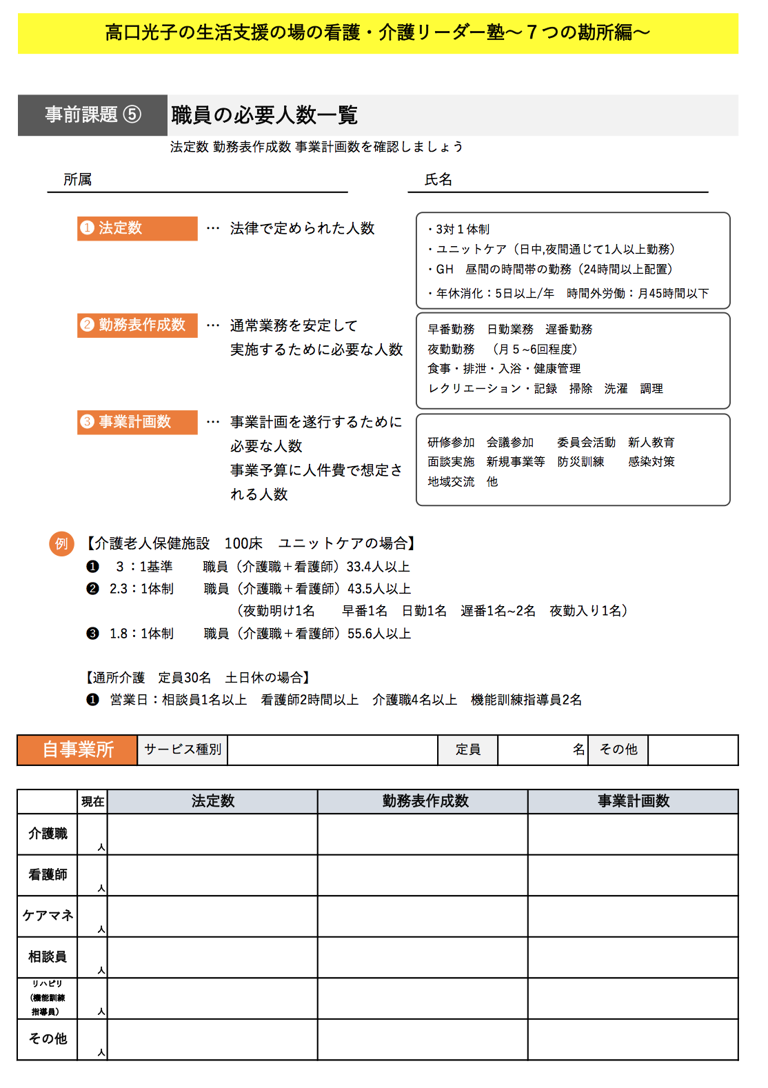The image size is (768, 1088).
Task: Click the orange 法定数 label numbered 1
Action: coord(137,228)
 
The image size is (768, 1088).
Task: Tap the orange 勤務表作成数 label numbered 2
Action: coord(137,325)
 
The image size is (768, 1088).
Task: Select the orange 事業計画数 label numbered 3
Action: coord(137,422)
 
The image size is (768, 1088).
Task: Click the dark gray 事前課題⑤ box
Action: coord(92,114)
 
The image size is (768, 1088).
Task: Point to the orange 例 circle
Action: coord(61,543)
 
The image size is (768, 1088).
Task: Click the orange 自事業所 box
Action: coord(77,749)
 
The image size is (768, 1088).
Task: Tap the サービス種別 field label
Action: coord(183,749)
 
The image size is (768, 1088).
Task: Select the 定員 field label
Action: coord(467,749)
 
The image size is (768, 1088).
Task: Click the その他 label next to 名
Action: coord(618,749)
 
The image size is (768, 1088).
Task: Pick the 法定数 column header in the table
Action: coord(212,801)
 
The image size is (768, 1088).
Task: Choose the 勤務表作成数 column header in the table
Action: coord(425,801)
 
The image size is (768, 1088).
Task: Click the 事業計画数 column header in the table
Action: coord(633,801)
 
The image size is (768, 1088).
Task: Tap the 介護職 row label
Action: coord(48,834)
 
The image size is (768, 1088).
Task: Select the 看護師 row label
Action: coord(48,875)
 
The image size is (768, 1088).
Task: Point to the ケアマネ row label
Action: coord(48,916)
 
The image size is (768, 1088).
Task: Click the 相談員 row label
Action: coord(48,957)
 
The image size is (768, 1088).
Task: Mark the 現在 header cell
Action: coord(92,801)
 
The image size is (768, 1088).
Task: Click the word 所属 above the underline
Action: coord(77,180)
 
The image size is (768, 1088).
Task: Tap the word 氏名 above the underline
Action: coord(438,180)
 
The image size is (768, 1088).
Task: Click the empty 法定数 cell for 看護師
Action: coord(212,875)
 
